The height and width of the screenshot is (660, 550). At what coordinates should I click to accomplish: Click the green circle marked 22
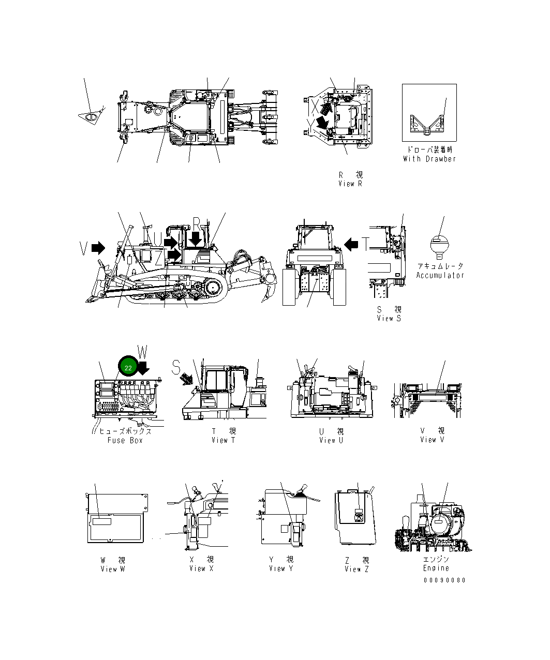coord(128,367)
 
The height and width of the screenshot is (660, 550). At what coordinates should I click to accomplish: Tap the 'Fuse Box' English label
coord(125,440)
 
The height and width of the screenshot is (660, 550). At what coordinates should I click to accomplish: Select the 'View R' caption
coord(350,184)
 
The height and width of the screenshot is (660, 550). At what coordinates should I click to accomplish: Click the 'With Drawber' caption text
coord(429,159)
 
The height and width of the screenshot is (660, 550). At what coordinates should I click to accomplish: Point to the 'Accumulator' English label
coord(440,275)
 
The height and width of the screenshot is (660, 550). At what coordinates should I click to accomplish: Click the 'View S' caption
coord(389,319)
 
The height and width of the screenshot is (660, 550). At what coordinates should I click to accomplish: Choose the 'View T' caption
coord(223,440)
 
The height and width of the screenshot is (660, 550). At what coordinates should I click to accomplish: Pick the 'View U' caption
coord(331,440)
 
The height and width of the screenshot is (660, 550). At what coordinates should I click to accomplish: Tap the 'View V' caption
coord(432,440)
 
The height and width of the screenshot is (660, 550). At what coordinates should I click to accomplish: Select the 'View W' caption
coord(113,569)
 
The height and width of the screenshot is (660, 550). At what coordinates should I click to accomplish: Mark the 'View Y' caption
coord(281,568)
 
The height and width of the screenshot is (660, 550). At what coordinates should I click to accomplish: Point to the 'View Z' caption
coord(357,569)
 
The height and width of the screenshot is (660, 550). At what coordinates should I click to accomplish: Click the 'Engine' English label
coord(436,568)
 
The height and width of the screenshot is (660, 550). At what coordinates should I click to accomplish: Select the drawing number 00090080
coord(444,580)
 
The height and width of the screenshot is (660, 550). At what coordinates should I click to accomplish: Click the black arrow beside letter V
coord(98,248)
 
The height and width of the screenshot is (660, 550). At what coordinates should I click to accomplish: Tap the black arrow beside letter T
coord(352,244)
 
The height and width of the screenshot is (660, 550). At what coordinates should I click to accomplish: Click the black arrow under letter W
coord(143,368)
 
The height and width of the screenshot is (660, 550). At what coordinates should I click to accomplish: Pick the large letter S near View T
coord(176,367)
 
